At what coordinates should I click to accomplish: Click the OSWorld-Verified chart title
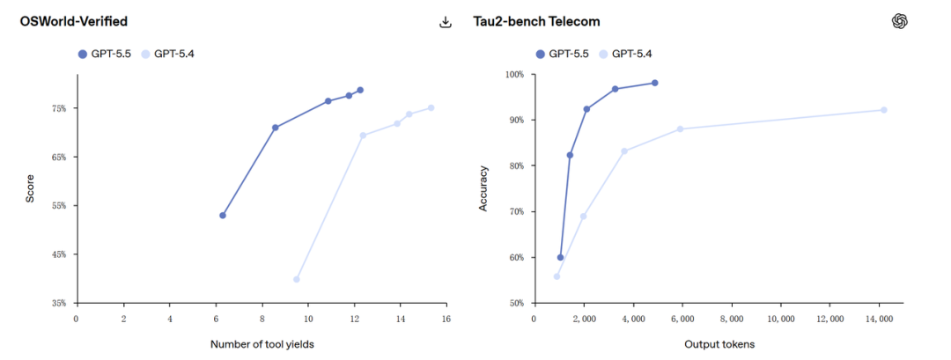pyautogui.click(x=73, y=21)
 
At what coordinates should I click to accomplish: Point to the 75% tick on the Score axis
pyautogui.click(x=59, y=108)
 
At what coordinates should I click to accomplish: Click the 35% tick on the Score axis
pyautogui.click(x=59, y=303)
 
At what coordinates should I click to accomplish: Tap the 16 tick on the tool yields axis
pyautogui.click(x=446, y=318)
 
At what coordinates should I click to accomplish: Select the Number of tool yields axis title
pyautogui.click(x=262, y=344)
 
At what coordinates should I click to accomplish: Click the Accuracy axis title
pyautogui.click(x=483, y=188)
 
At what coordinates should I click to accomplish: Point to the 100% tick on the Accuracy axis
pyautogui.click(x=512, y=75)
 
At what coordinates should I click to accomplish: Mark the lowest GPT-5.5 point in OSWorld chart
pyautogui.click(x=223, y=216)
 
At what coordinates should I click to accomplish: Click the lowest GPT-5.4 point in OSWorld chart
pyautogui.click(x=296, y=279)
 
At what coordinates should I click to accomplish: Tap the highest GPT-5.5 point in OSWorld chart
pyautogui.click(x=360, y=90)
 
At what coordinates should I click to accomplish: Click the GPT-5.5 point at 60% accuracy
pyautogui.click(x=560, y=258)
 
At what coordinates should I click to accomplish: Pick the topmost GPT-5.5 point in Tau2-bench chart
pyautogui.click(x=655, y=83)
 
